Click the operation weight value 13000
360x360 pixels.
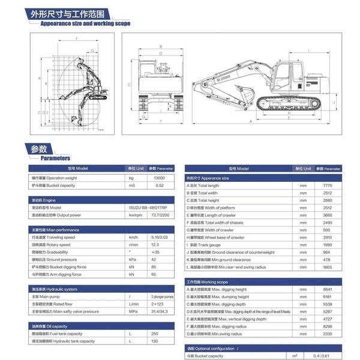tap(160, 178)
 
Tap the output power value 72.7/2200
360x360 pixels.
tap(160, 214)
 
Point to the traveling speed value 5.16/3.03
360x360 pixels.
tap(160, 237)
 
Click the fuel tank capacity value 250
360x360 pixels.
tap(154, 333)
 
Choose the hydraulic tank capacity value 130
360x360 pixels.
tap(154, 341)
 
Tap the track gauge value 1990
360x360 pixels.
tap(327, 245)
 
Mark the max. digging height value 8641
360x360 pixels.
tap(327, 289)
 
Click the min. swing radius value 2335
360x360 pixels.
tap(327, 334)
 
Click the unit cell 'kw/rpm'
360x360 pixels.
tap(134, 214)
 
